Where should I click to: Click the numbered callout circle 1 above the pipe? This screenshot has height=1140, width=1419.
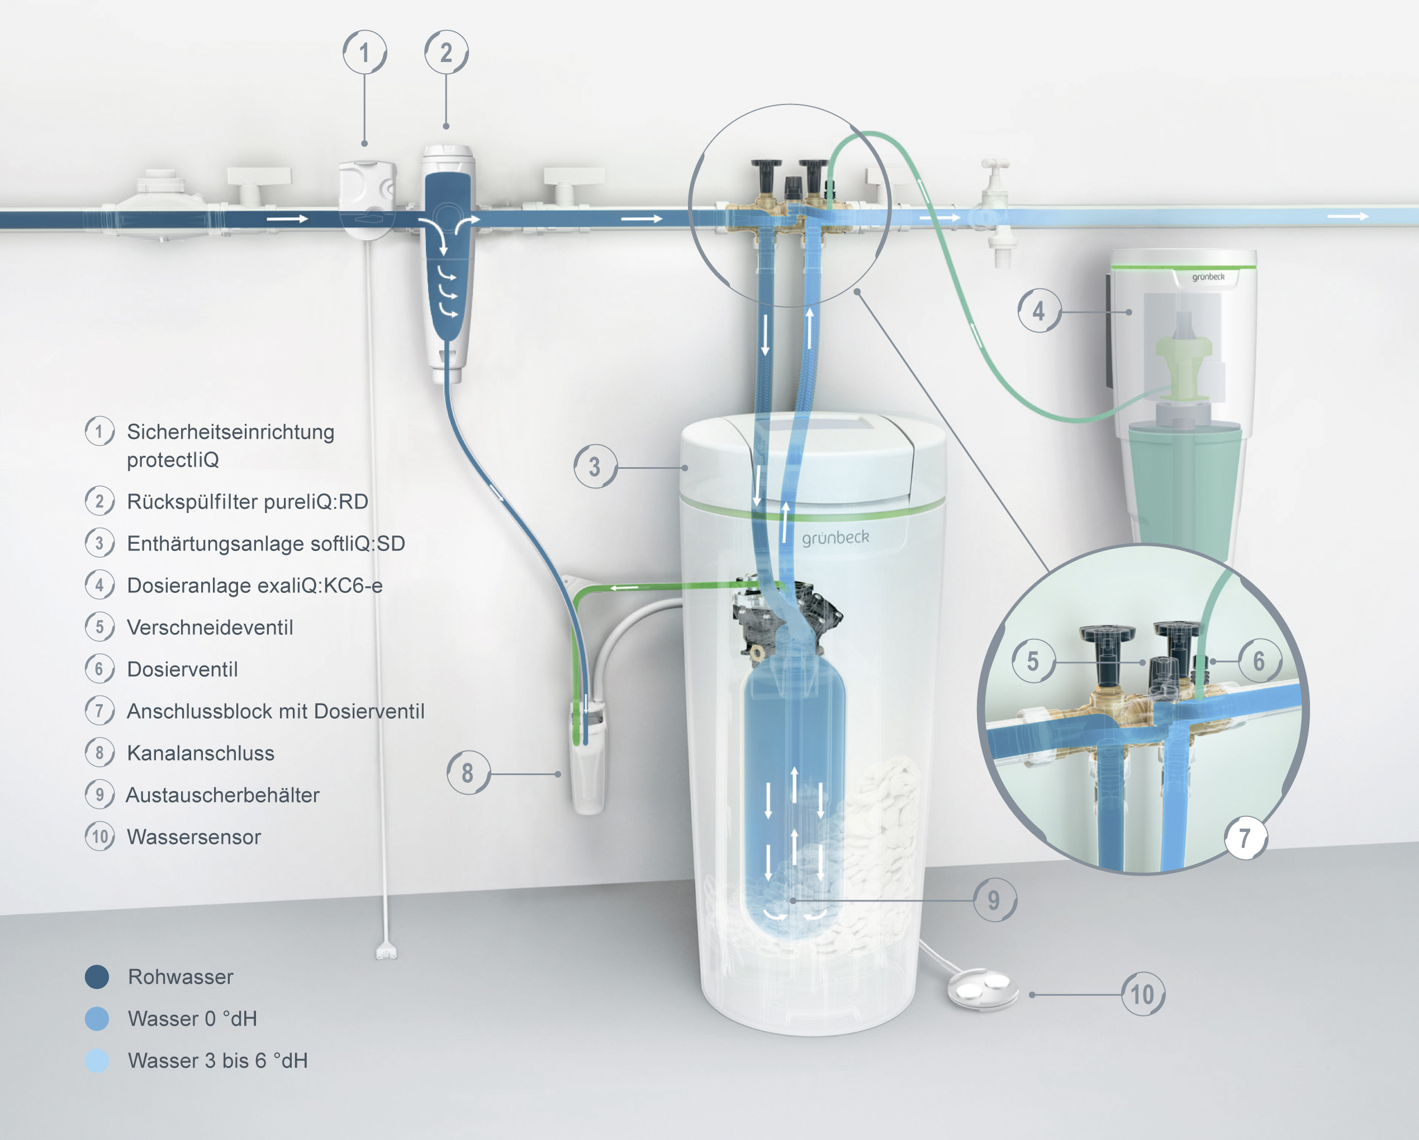click(364, 52)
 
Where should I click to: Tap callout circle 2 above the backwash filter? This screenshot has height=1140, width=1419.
click(446, 52)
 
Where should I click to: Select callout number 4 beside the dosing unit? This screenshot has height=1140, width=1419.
click(1039, 311)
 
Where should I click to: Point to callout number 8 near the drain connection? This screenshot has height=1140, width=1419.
click(468, 773)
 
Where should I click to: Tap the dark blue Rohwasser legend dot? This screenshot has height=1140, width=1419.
click(97, 977)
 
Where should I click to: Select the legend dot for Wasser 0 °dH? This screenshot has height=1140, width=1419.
click(97, 1019)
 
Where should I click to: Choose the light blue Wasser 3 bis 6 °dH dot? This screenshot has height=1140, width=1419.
click(97, 1060)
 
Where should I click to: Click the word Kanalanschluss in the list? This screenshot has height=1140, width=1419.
click(201, 753)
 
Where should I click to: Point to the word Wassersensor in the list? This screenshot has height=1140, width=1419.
click(194, 837)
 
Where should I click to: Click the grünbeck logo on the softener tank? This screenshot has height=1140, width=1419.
click(835, 538)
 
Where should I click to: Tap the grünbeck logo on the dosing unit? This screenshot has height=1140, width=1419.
click(1208, 277)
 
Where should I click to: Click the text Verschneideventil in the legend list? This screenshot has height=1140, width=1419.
click(210, 627)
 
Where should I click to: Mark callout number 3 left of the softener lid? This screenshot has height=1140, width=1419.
click(595, 467)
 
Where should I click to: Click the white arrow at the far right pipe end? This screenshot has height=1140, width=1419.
click(1348, 216)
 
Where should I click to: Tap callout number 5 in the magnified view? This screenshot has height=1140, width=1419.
click(1033, 661)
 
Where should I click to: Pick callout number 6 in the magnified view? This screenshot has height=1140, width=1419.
click(1259, 661)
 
